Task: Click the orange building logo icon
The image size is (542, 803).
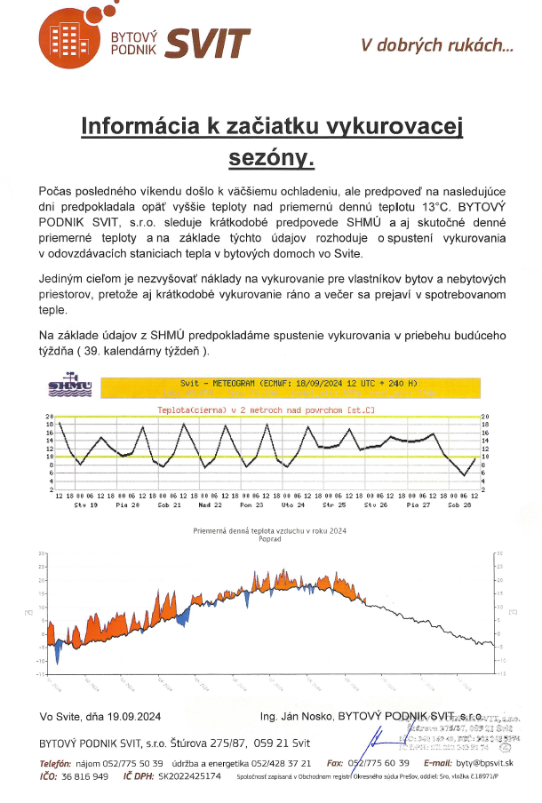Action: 64,38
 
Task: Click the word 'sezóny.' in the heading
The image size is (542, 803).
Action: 272,158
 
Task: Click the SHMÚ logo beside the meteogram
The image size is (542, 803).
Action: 70,386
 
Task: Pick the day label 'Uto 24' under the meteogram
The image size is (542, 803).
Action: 293,504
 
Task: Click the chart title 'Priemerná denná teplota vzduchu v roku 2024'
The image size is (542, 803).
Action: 269,530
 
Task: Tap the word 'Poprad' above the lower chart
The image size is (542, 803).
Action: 269,538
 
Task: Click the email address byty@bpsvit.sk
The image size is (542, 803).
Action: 484,763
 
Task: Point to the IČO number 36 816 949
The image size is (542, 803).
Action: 85,775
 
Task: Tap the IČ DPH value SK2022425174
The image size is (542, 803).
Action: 189,775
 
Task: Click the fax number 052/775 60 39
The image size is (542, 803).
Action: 379,763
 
